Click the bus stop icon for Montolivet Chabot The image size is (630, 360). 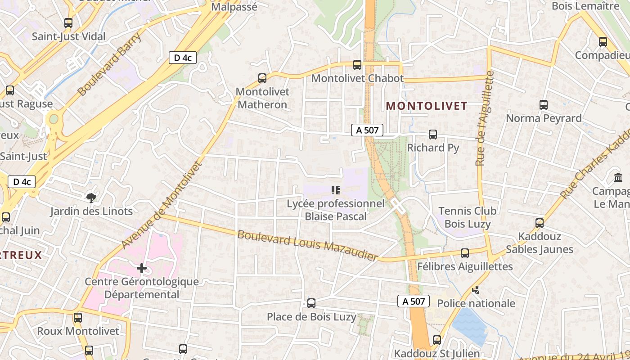click(357, 65)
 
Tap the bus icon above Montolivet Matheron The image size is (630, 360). click(262, 78)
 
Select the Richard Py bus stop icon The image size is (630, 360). click(433, 135)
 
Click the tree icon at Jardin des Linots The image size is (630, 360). click(91, 198)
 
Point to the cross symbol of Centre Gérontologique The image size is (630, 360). click(142, 269)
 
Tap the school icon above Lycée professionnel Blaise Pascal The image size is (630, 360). click(335, 190)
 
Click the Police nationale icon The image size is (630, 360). click(476, 290)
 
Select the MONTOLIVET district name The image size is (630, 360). click(427, 106)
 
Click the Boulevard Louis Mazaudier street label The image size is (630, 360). click(307, 245)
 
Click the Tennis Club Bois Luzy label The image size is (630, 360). click(467, 217)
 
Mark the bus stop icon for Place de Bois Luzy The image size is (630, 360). click(311, 303)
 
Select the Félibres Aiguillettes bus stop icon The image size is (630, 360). click(465, 253)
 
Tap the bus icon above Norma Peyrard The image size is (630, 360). click(544, 105)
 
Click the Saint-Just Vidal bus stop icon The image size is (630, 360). click(68, 22)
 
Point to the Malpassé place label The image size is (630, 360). click(234, 7)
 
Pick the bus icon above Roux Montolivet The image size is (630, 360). click(78, 318)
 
